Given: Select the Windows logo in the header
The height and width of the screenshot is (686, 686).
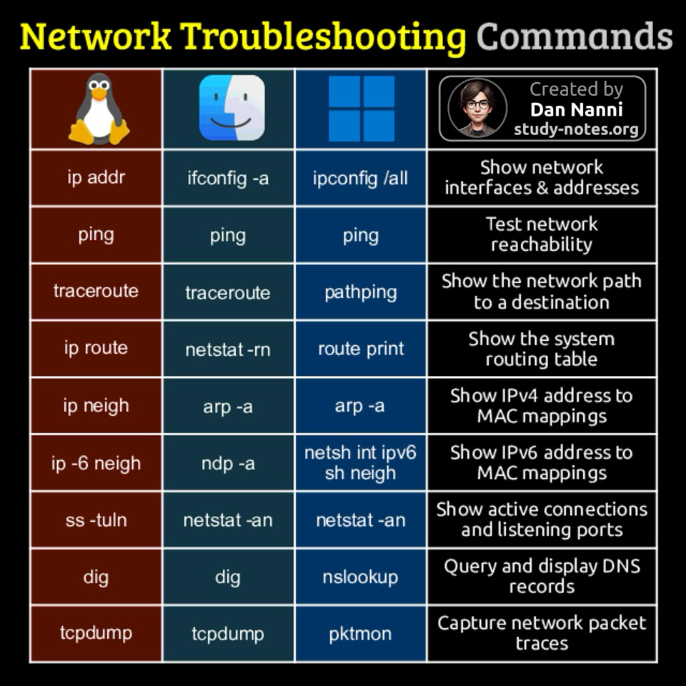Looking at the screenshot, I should [362, 109].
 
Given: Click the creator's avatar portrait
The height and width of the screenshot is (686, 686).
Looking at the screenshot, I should [477, 109].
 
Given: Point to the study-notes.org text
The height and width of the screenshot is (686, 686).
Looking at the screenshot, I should [576, 129].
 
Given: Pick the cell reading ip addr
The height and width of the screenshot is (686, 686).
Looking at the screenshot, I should [96, 178].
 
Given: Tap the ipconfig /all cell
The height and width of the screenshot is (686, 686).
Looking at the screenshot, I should [360, 178].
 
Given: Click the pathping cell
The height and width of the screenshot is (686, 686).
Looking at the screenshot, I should [360, 292].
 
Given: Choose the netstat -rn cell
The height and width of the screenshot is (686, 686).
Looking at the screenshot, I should [228, 349].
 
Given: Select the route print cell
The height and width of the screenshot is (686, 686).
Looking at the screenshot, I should [361, 349].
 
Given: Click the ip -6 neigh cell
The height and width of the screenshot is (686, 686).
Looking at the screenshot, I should [96, 463].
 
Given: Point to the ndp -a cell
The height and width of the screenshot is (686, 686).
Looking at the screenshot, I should [228, 463].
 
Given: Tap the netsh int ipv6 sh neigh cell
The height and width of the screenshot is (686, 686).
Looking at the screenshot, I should [360, 462].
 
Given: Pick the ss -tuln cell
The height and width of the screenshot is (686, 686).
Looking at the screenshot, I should [96, 520].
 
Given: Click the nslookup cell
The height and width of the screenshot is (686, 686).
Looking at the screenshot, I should [360, 577].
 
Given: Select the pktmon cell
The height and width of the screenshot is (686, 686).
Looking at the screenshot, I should [360, 634].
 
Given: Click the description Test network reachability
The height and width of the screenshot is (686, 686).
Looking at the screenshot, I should [542, 234].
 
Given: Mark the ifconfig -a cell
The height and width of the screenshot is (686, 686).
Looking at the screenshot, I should [228, 178].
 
